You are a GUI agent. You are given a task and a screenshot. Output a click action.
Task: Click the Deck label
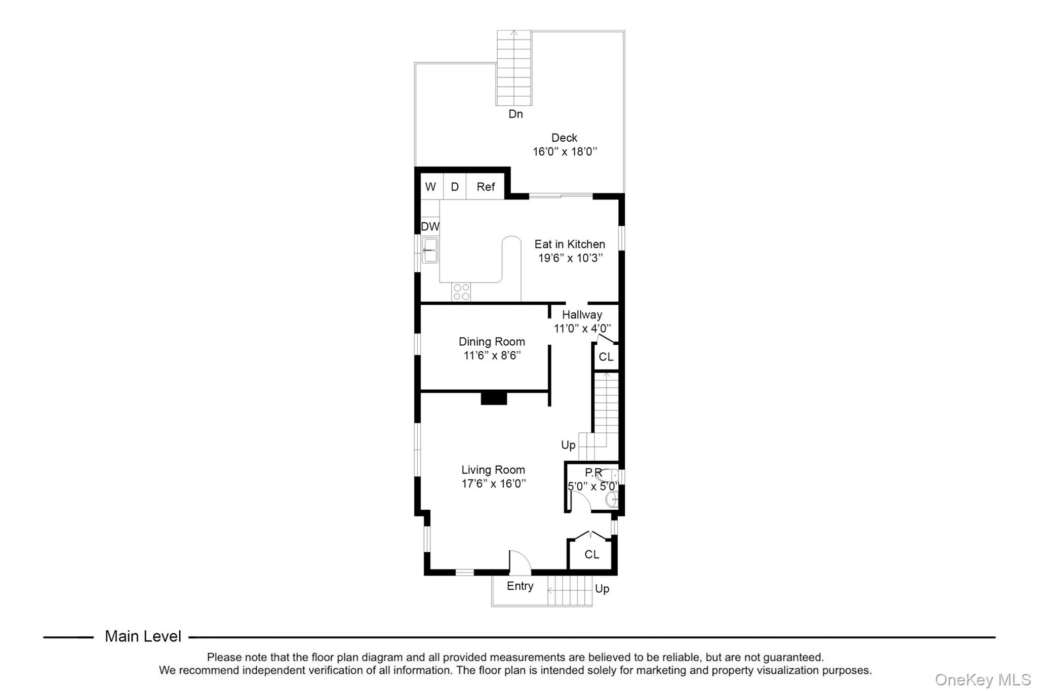coord(564,138)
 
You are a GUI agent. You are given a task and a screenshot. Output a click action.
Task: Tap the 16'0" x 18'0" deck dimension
coord(565,151)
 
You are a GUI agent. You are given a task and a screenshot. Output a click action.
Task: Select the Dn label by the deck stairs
coord(515,114)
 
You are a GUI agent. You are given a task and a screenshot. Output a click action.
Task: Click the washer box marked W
coord(430,187)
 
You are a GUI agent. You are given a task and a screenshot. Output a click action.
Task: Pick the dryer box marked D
coord(455,187)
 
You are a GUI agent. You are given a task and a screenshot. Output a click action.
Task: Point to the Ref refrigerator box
coord(486,187)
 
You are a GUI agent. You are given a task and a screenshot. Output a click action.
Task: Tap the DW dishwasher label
coord(430,226)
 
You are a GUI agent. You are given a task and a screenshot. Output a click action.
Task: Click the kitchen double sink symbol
coord(430,251)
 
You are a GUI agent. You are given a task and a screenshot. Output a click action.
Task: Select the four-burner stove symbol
coord(461,292)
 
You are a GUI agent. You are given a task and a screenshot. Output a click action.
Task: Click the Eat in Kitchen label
coord(570,244)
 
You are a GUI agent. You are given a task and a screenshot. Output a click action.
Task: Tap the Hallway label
coord(582,314)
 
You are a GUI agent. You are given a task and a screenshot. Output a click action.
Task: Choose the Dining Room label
coord(492,342)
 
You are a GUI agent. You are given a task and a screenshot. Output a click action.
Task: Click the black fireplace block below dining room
coord(494,398)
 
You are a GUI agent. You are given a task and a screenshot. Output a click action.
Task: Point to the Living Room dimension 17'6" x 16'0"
coord(494,483)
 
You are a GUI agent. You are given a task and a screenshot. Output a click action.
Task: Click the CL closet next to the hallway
coord(606,357)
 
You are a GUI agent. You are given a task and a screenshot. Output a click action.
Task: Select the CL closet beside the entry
coord(591,554)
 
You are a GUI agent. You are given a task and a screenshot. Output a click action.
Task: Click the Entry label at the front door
coord(520,586)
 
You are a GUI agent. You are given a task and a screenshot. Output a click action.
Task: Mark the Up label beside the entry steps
coord(602,589)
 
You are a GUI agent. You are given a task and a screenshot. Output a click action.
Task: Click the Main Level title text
coord(143,636)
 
